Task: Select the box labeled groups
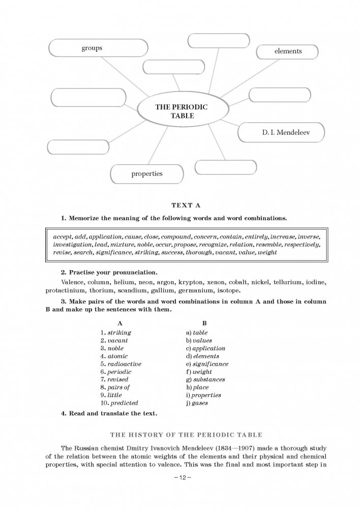92,49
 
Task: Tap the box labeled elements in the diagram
288,51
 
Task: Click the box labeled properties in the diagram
147,174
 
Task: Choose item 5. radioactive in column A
121,364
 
